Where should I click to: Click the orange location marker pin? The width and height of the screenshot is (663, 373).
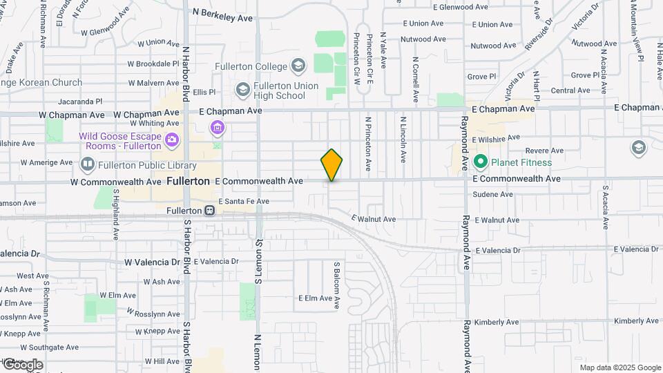coord(331,164)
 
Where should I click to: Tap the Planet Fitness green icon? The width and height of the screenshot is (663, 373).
coord(481,162)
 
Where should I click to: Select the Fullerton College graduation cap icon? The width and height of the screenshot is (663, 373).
coord(298,66)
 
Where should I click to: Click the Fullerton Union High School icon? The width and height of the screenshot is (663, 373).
coord(242,90)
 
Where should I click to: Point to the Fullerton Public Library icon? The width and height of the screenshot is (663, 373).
coord(88,165)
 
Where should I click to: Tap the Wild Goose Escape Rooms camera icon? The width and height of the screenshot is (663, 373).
coord(172,141)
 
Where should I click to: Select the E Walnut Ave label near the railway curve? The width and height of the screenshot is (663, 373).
coord(373,219)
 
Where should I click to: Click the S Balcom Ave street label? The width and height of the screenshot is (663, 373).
coord(338,285)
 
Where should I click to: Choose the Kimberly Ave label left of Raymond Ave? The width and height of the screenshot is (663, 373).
coord(496,322)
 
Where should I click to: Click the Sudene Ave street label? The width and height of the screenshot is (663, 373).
coord(493,194)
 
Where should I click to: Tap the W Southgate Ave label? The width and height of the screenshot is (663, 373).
coord(28,347)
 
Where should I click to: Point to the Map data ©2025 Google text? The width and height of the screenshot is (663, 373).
coord(619,367)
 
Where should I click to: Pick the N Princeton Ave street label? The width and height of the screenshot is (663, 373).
coord(369,144)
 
